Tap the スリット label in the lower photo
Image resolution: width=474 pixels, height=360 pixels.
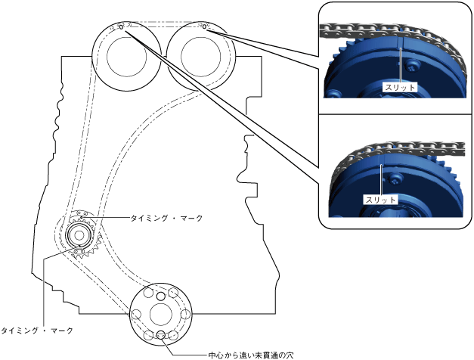point(376,200)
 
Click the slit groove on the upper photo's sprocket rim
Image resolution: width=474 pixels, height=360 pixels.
point(400,57)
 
